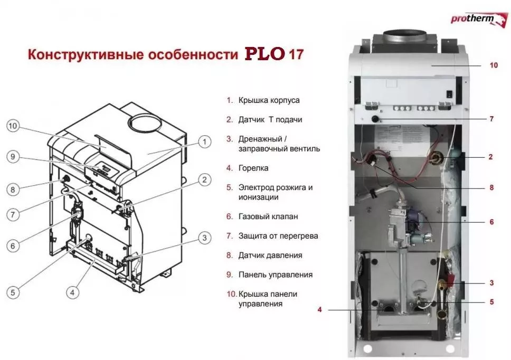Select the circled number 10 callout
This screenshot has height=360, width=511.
[14, 126]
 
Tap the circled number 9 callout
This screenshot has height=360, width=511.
[14, 156]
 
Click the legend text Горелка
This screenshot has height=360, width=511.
[253, 168]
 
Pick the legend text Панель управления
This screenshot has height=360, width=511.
[275, 274]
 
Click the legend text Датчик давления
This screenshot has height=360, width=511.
[270, 255]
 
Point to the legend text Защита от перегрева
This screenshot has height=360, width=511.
[278, 236]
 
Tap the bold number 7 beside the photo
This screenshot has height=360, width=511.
[491, 119]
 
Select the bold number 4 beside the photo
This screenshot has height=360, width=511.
[319, 310]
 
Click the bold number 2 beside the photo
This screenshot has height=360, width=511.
[491, 157]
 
